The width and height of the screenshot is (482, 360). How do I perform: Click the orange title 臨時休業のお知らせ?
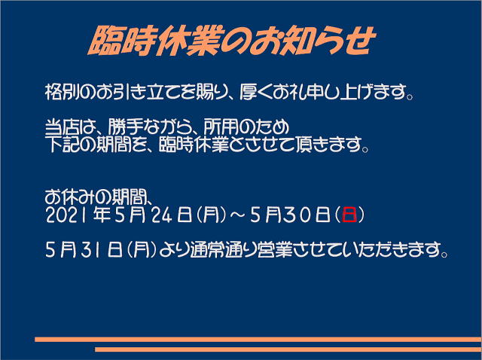pos(232,41)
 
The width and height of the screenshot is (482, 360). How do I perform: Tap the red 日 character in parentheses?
pos(349,215)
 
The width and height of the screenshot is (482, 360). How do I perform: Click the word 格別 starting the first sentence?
pos(63,92)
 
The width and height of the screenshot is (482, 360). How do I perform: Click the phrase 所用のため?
pos(246,127)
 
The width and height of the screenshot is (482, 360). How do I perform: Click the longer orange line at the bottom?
pos(258,340)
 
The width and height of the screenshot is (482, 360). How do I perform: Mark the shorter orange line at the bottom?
pos(288,349)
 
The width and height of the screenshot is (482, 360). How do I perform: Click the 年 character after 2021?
pos(102,215)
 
